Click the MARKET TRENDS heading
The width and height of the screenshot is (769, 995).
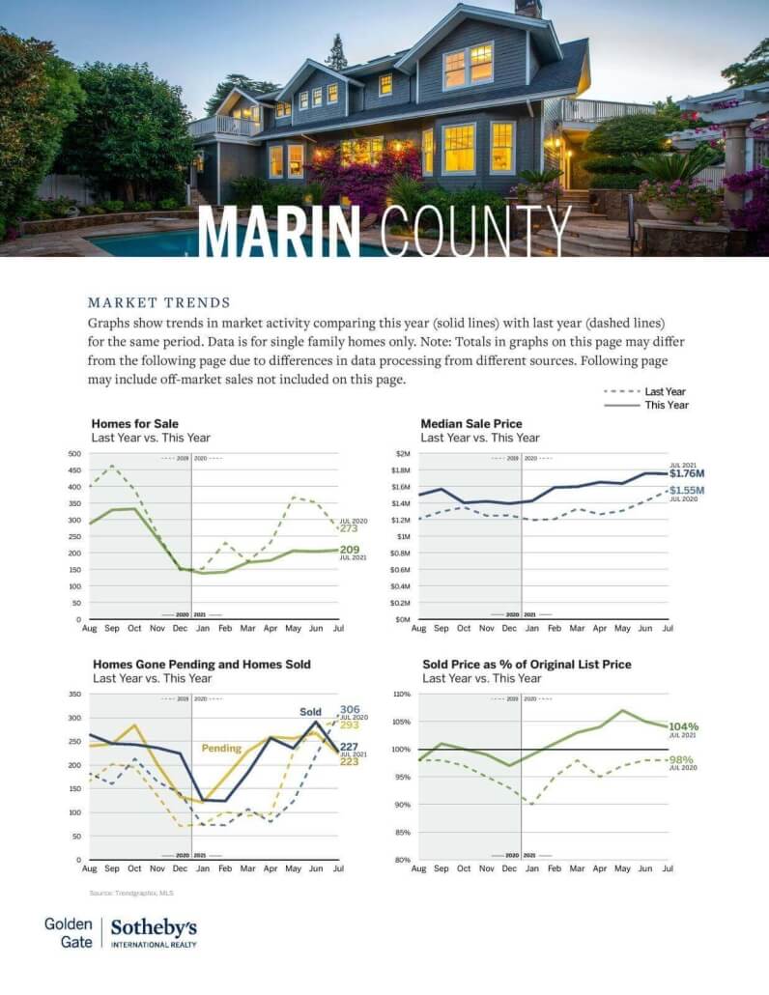pyautogui.click(x=159, y=302)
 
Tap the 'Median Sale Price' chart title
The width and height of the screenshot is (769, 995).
pyautogui.click(x=471, y=423)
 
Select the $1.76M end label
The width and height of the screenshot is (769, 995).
pyautogui.click(x=687, y=473)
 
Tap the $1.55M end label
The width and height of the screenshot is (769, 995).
pyautogui.click(x=687, y=490)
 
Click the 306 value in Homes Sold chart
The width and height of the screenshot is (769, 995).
pyautogui.click(x=350, y=709)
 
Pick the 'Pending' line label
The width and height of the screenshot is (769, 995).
pyautogui.click(x=220, y=748)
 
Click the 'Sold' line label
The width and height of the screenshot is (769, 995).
pyautogui.click(x=310, y=712)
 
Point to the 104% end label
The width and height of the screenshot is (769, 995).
pyautogui.click(x=683, y=726)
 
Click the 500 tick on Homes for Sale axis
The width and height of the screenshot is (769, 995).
pyautogui.click(x=73, y=453)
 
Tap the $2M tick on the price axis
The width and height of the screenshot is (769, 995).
pyautogui.click(x=404, y=453)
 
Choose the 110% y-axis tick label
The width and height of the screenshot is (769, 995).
pyautogui.click(x=402, y=694)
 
